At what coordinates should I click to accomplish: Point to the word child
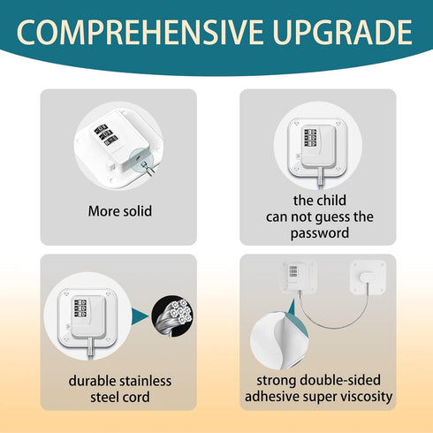tap(333, 201)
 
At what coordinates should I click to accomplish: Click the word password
tap(319, 233)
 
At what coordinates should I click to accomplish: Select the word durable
tap(93, 381)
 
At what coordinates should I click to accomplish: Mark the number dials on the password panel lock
tap(311, 139)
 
